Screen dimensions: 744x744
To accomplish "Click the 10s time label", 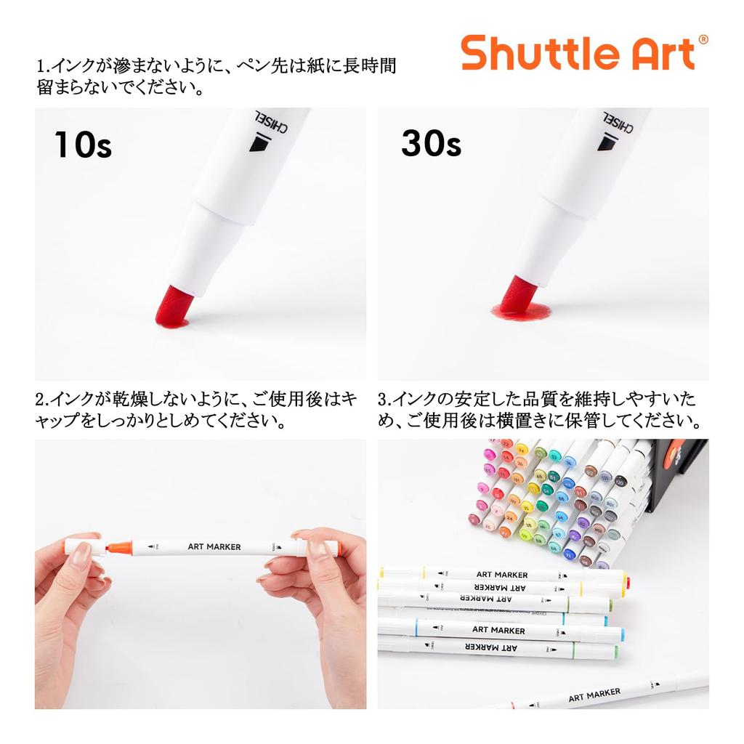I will point(83,145).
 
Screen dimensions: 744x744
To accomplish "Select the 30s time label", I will point(431,144).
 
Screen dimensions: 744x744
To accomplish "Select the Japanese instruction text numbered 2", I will point(196,410).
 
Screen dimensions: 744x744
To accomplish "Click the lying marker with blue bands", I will point(501,630).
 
